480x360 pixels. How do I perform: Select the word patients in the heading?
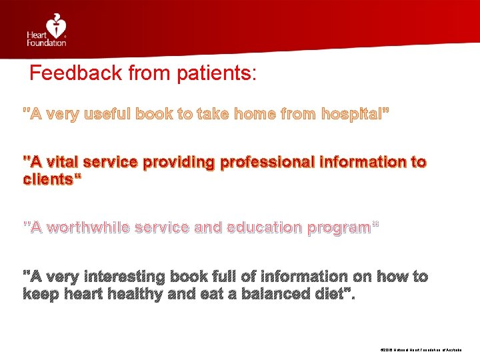point(215,73)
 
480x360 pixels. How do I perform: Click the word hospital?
point(351,114)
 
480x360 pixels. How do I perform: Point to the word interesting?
point(127,276)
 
